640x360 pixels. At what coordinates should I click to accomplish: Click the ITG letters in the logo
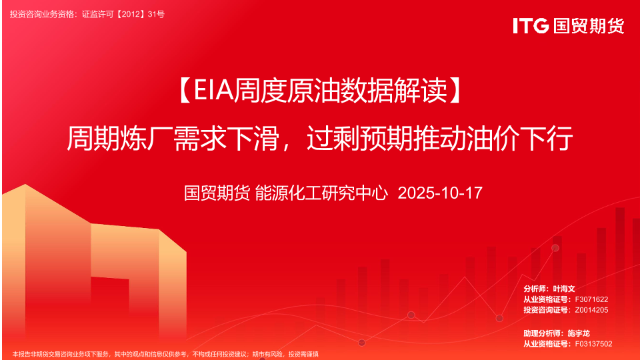tap(531, 25)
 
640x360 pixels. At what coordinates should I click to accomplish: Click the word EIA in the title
tap(214, 90)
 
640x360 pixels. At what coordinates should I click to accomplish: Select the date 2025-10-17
tap(440, 193)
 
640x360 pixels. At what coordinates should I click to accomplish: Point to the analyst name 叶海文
tap(564, 289)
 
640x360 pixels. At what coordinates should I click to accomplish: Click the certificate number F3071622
tap(591, 299)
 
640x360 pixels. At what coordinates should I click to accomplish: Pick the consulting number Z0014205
tap(591, 310)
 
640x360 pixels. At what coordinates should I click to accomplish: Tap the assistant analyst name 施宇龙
tap(579, 333)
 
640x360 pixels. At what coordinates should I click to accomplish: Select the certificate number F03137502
tap(593, 344)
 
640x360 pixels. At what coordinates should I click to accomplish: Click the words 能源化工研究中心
tap(321, 193)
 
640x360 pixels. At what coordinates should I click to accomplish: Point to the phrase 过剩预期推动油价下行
tap(439, 139)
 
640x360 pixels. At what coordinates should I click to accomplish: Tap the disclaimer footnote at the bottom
tap(165, 354)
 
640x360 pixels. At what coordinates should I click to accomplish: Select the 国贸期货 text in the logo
tap(589, 26)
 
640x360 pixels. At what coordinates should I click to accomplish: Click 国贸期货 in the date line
tap(217, 193)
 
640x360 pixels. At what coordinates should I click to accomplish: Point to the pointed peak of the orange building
tap(25, 185)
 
